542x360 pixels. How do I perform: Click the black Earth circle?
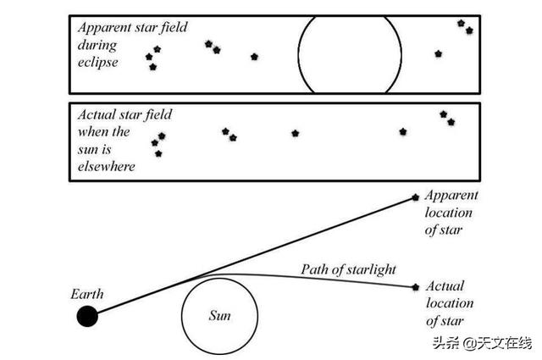(87, 316)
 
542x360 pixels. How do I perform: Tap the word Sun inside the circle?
(219, 315)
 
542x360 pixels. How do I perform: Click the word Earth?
(87, 294)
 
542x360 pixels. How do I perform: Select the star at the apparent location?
(416, 197)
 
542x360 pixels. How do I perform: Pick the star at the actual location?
(416, 287)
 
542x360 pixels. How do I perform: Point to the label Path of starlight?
(348, 269)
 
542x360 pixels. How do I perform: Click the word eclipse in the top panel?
(98, 62)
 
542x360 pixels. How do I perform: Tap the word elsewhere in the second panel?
(107, 167)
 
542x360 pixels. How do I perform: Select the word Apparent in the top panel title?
(104, 28)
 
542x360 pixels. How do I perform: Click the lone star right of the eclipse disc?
(439, 53)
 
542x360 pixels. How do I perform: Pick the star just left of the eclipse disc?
(254, 57)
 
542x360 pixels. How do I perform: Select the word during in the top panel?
(97, 45)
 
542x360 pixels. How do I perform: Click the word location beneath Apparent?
(449, 213)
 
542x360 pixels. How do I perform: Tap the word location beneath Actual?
(450, 303)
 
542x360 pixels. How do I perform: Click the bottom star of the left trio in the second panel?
(158, 153)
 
